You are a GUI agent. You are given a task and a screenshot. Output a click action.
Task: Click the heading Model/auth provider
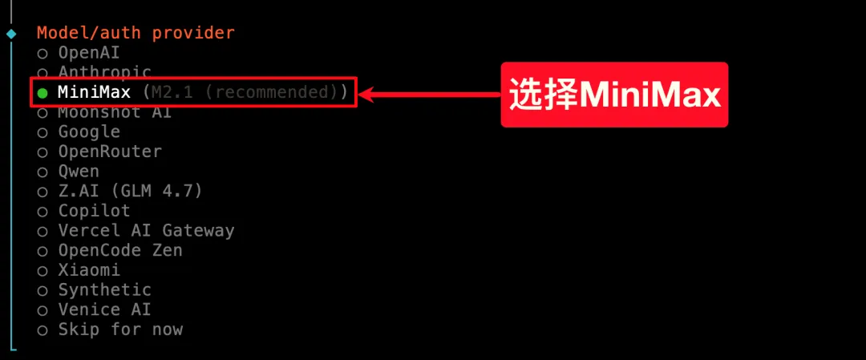[x=136, y=33]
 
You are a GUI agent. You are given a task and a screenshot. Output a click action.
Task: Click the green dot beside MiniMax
[x=42, y=93]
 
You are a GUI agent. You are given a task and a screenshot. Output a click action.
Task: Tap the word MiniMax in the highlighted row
[x=94, y=92]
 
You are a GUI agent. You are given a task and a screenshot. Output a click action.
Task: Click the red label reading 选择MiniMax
[x=614, y=95]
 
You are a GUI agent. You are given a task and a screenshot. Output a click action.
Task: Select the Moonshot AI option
[x=114, y=112]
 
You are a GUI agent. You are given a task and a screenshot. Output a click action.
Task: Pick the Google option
[x=88, y=131]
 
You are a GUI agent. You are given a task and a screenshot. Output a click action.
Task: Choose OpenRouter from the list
[x=109, y=152]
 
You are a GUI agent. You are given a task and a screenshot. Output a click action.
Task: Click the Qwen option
[x=78, y=171]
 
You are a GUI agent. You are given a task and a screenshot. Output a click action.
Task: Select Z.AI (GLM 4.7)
[x=130, y=191]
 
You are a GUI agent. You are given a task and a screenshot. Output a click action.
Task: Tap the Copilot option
[x=94, y=211]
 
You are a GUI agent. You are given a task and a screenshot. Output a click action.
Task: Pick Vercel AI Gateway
[x=146, y=230]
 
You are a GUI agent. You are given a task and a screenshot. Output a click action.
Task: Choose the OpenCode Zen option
[x=119, y=250]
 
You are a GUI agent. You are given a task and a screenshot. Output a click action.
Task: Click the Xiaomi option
[x=88, y=270]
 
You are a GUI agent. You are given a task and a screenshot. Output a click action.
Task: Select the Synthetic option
[x=104, y=289]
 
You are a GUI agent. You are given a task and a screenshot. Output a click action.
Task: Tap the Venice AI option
[x=104, y=309]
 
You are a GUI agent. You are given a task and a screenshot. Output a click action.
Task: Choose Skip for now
[x=119, y=329]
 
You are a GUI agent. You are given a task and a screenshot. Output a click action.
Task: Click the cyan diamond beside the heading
[x=10, y=34]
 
